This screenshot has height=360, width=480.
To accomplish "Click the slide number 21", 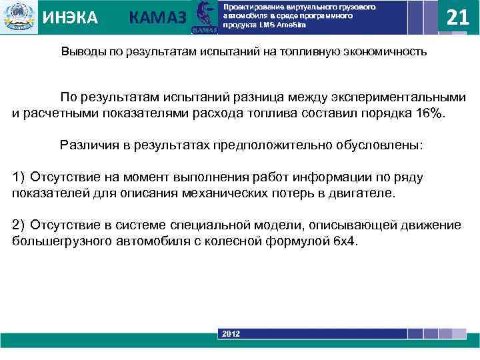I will pyautogui.click(x=458, y=17).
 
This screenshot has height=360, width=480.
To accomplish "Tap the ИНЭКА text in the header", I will pyautogui.click(x=70, y=17).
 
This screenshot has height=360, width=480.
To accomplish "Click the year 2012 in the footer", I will pyautogui.click(x=231, y=333).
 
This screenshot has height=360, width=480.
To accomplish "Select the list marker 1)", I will pyautogui.click(x=19, y=177).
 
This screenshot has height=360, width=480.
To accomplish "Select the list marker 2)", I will pyautogui.click(x=19, y=225).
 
